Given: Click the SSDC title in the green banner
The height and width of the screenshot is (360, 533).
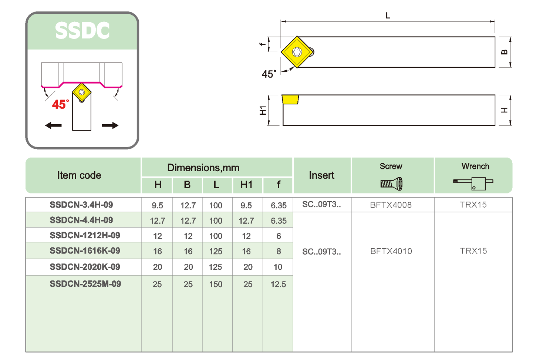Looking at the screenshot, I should click(x=82, y=31).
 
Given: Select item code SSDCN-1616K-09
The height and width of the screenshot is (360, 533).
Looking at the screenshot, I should click(x=85, y=251).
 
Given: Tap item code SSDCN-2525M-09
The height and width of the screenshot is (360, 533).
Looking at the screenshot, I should click(x=85, y=284).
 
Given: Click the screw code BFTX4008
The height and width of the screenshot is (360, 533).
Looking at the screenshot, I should click(x=391, y=205).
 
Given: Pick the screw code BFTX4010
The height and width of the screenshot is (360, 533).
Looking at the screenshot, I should click(x=391, y=251).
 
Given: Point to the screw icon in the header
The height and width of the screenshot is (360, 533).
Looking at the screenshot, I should click(x=391, y=184).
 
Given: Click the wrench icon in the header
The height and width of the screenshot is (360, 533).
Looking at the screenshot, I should click(x=473, y=183).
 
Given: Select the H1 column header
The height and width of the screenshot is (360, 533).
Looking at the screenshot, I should click(x=246, y=185).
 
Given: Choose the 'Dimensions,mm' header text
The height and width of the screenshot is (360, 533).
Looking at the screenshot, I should click(x=203, y=168).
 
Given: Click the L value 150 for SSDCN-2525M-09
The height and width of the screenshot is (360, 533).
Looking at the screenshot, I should click(x=216, y=285).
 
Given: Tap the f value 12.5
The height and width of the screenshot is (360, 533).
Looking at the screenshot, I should click(x=278, y=285).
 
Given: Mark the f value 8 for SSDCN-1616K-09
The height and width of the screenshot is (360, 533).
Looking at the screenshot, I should click(x=279, y=252).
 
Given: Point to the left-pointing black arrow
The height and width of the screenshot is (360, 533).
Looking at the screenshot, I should click(x=54, y=126).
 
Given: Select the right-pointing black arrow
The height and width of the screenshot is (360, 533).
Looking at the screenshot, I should click(x=110, y=126).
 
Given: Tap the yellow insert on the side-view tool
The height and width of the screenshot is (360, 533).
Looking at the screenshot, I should click(x=290, y=99).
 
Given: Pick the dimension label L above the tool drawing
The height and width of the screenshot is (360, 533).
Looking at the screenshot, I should click(x=388, y=16).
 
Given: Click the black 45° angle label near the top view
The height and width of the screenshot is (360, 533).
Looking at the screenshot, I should click(x=269, y=74).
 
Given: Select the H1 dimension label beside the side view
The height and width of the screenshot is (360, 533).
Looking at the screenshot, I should click(x=263, y=110).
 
